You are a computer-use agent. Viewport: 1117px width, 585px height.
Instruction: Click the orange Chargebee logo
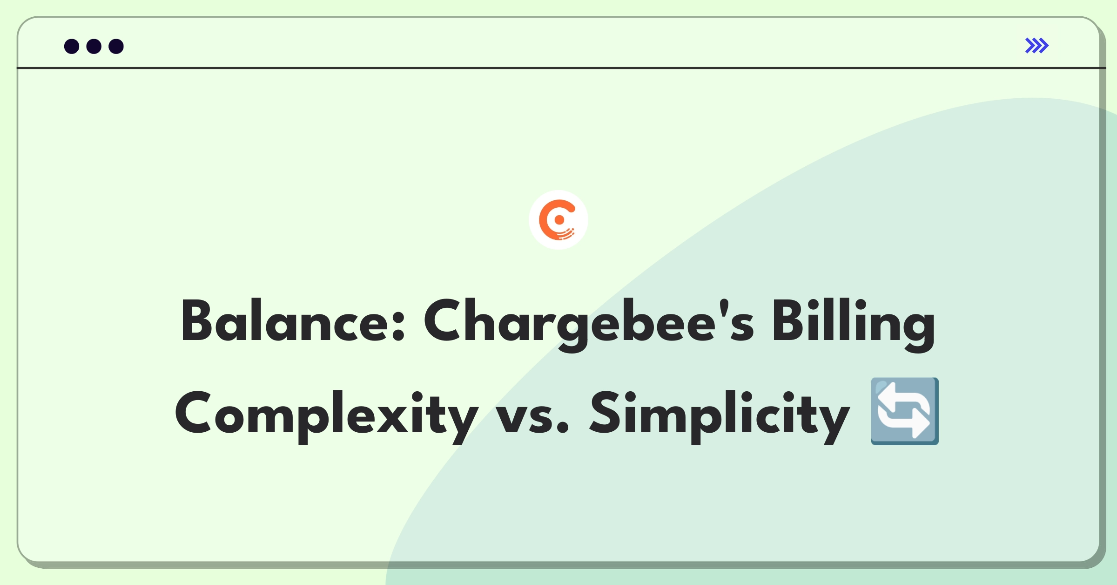558,220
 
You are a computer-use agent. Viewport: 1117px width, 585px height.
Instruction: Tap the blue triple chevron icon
1037,46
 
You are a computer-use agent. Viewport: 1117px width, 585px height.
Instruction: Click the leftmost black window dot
72,46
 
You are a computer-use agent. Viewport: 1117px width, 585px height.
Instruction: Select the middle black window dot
94,46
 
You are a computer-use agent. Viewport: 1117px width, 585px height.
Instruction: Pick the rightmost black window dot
116,46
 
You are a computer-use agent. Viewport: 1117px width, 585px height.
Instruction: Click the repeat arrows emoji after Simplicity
905,411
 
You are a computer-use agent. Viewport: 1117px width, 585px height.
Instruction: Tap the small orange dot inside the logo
559,220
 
